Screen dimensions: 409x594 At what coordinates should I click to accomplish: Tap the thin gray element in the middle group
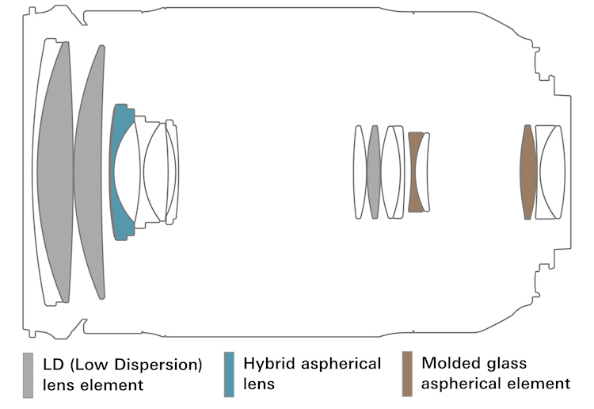[x=374, y=171]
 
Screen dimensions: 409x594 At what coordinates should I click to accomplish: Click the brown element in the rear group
[x=527, y=171]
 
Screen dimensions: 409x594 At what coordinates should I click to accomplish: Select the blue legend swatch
[x=230, y=373]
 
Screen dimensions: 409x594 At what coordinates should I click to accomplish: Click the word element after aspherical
[x=542, y=384]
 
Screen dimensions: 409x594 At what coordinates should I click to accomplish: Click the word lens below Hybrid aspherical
[x=260, y=384]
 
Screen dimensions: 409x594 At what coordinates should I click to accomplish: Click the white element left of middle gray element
[x=360, y=171]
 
